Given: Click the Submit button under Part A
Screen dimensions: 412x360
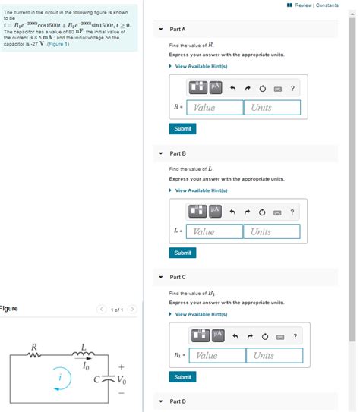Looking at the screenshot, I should coord(182,129).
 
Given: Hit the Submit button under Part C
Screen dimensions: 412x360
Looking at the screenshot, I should coord(182,377).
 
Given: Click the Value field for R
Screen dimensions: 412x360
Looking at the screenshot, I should coord(215,108).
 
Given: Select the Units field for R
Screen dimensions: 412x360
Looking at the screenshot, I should coord(273,108).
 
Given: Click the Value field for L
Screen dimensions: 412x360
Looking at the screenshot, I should coord(215,231).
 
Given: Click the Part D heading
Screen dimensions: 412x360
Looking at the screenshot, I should coord(178,401).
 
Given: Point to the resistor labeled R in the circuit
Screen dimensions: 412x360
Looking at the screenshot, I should coord(34,356).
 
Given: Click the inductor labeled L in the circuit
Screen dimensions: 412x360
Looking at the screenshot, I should coord(83,354).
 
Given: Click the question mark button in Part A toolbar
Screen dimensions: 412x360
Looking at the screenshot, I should coord(292,89).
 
